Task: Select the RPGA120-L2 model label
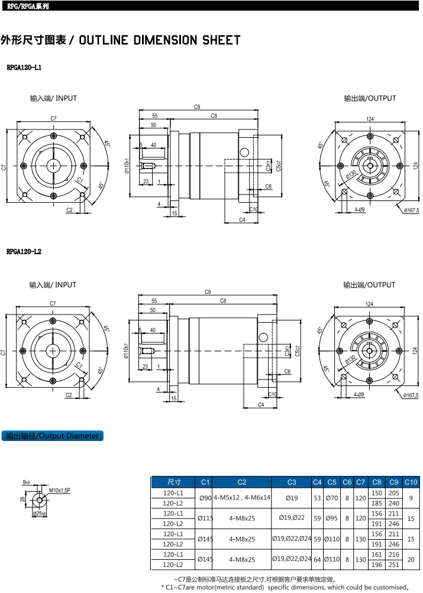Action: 24,252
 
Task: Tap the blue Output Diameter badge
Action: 52,436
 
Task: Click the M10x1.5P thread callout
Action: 59,491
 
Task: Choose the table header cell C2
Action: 241,482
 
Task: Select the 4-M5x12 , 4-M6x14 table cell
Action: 241,498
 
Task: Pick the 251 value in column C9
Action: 394,565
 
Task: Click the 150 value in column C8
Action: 377,492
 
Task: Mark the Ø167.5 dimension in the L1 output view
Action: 411,210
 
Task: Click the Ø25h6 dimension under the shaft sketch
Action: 40,514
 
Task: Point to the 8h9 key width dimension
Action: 26,482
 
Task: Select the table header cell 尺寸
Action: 174,482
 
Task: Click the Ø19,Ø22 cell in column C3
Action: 292,519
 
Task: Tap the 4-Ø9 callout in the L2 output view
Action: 359,394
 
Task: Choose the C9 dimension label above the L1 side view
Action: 197,107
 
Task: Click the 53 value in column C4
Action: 317,498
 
